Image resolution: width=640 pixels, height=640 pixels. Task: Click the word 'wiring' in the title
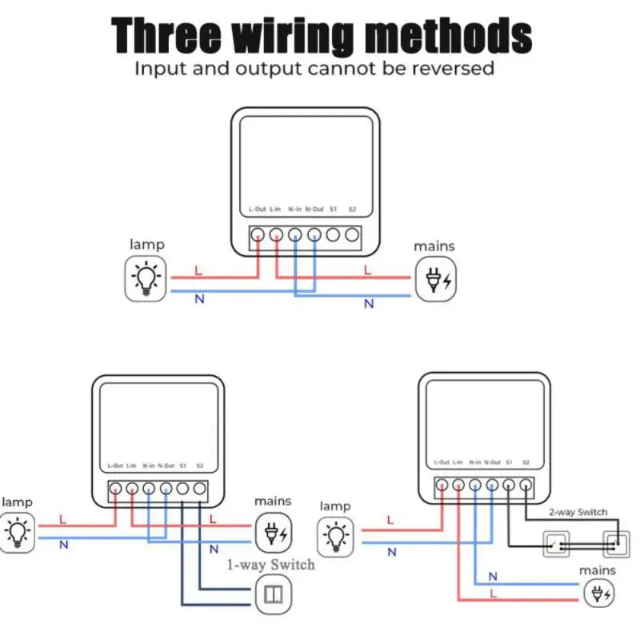293,35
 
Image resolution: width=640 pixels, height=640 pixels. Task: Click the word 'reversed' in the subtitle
453,68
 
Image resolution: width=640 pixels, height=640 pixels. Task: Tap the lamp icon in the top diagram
146,279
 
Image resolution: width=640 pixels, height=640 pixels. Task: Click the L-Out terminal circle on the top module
258,235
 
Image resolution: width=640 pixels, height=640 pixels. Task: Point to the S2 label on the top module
352,210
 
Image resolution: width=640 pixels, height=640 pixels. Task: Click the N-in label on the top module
294,210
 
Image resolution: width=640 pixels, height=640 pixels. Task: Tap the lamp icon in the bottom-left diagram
17,531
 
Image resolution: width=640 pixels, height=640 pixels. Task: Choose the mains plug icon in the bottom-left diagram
274,533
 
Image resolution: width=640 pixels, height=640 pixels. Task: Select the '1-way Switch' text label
270,565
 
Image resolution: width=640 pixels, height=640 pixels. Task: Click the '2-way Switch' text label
578,512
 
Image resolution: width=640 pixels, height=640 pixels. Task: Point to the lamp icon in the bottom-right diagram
336,535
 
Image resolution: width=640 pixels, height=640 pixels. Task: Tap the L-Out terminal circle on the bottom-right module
441,484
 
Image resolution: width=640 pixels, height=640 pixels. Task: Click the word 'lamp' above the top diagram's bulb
147,245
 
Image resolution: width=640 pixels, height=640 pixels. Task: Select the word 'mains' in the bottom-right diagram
598,570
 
